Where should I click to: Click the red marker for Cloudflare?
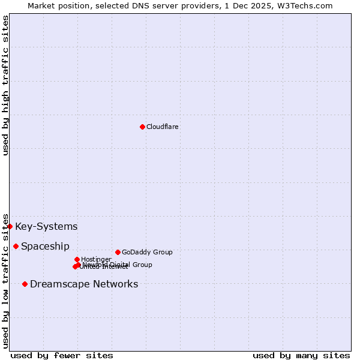(x=142, y=127)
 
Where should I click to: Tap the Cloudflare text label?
(x=162, y=127)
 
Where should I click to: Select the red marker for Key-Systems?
(x=10, y=226)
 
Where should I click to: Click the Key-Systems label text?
(x=46, y=226)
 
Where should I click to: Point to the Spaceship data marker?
(x=16, y=246)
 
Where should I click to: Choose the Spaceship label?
(x=45, y=246)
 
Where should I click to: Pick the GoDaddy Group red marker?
(x=118, y=252)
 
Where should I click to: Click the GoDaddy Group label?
(x=147, y=252)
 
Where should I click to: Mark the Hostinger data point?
(x=77, y=259)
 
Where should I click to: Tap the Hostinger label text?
(x=96, y=259)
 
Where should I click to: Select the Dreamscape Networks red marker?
(x=25, y=284)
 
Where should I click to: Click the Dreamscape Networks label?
(x=84, y=284)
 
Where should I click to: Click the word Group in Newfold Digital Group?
(x=142, y=265)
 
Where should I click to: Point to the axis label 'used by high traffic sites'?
(x=6, y=85)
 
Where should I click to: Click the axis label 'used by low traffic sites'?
(x=6, y=280)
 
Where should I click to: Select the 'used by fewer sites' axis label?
(x=62, y=355)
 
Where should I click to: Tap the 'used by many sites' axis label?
(x=301, y=355)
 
